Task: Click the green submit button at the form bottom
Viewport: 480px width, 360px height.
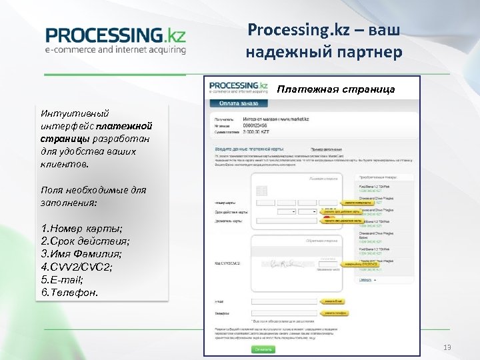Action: [x=263, y=349]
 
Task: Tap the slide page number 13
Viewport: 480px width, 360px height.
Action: [x=447, y=347]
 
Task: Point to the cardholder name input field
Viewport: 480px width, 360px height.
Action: [x=287, y=220]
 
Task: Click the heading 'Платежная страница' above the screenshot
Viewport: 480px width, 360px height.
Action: [x=336, y=89]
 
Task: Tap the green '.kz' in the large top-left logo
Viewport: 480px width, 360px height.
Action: [x=174, y=35]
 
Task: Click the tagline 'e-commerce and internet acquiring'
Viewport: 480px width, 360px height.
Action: [x=115, y=49]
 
